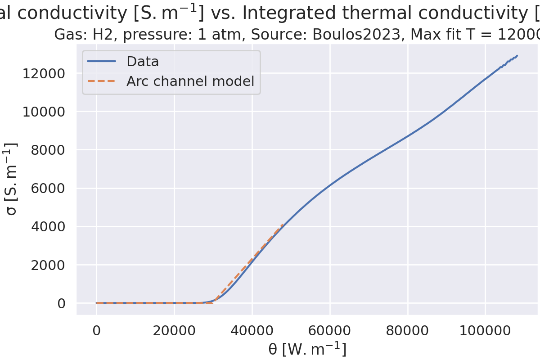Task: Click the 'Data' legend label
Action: coord(143,61)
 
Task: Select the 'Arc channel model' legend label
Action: coord(190,81)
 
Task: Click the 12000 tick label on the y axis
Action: coord(44,73)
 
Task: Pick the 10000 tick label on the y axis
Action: coord(44,112)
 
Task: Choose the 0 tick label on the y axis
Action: coord(61,303)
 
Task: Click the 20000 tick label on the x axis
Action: coord(174,330)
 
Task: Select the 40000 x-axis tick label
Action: coord(252,330)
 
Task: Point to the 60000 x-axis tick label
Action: coord(330,330)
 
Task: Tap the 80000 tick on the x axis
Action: coord(408,330)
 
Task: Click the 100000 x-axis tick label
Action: coord(485,330)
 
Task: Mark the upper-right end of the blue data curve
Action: coord(517,56)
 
